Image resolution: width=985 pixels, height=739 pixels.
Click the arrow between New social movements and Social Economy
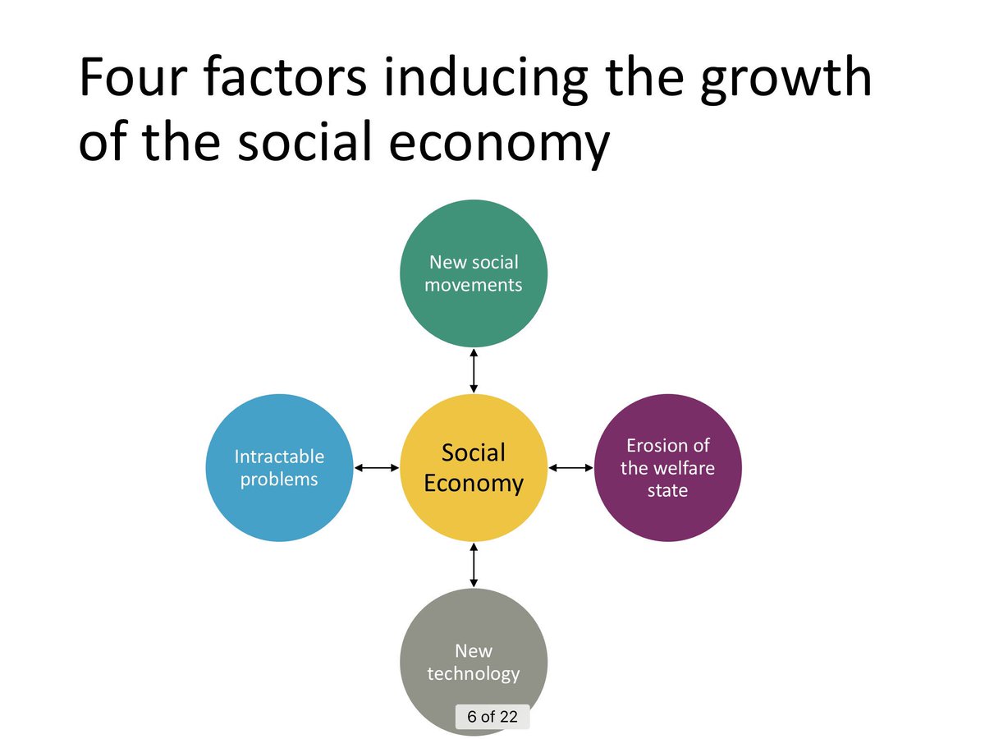(x=473, y=369)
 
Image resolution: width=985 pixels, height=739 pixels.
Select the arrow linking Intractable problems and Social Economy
(x=376, y=468)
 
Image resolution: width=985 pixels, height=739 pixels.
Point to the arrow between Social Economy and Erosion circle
(x=570, y=468)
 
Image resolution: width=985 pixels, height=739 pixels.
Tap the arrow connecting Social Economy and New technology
(x=473, y=565)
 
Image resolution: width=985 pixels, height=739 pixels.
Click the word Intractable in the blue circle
(x=279, y=457)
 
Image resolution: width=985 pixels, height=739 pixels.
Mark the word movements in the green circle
(x=473, y=286)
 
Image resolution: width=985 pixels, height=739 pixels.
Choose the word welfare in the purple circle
(x=667, y=468)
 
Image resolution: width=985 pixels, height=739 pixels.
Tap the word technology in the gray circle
(x=473, y=674)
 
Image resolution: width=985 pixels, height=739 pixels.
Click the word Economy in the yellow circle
(x=473, y=483)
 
